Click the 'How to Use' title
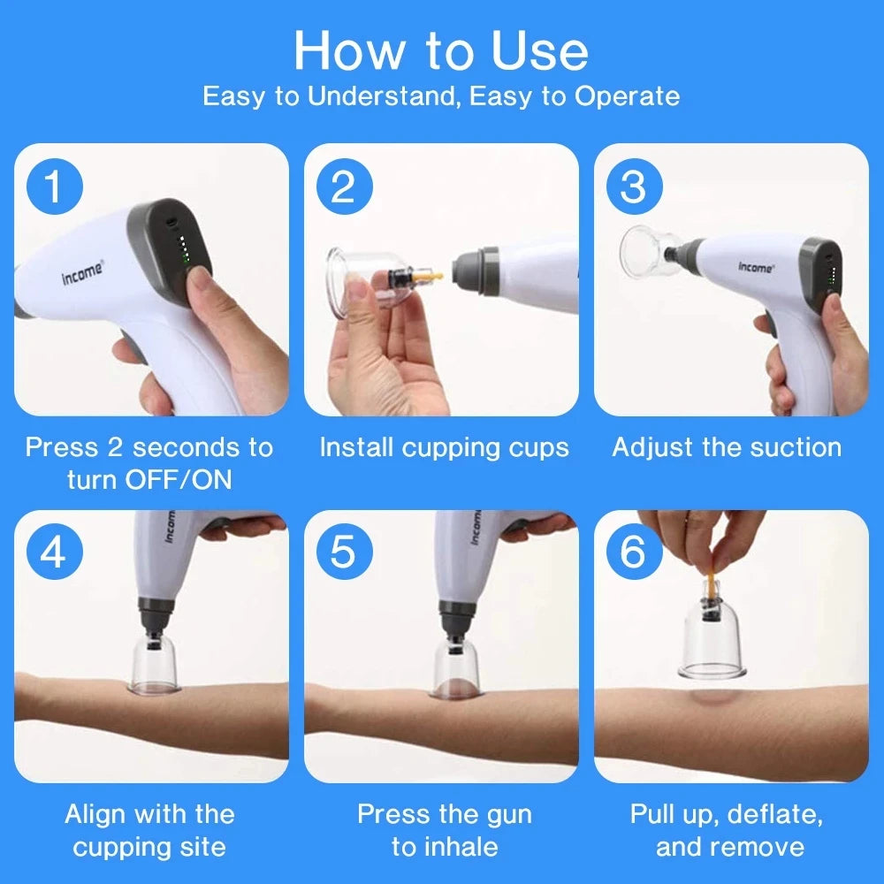(x=440, y=50)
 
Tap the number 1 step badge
(x=55, y=188)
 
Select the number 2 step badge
(x=344, y=188)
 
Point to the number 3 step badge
(x=633, y=188)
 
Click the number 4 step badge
(x=55, y=553)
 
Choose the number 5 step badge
(x=344, y=553)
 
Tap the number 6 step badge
(x=633, y=553)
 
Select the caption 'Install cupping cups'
(x=444, y=447)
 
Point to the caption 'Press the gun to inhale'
(x=444, y=830)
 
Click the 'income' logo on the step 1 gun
(x=81, y=273)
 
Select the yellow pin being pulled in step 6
(x=712, y=583)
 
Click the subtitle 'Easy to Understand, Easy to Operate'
(x=440, y=96)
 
